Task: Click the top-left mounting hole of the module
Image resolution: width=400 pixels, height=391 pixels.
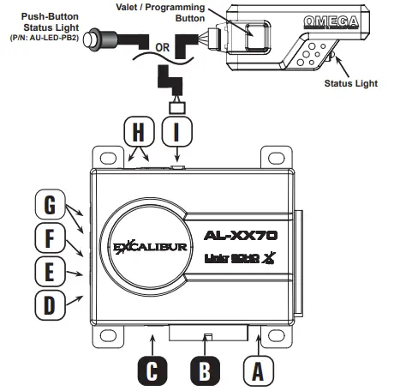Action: [107, 159]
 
